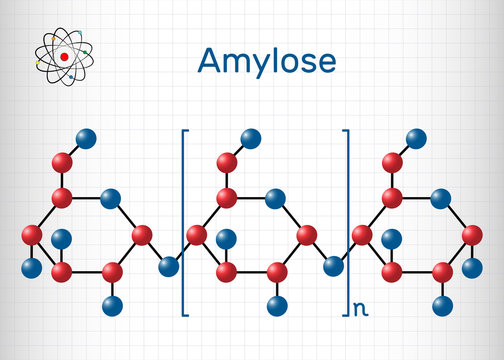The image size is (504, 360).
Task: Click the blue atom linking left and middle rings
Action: point(170,268)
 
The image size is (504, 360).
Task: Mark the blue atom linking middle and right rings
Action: point(335,268)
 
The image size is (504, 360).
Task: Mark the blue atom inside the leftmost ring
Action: point(62,237)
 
